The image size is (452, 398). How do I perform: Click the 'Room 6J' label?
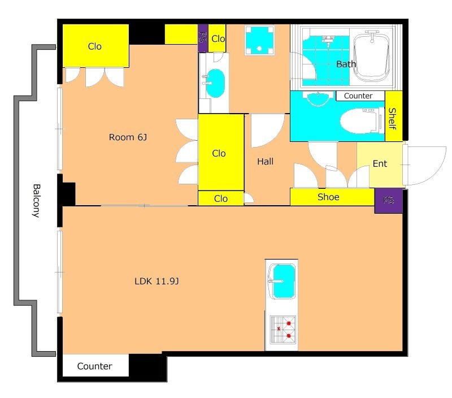128,137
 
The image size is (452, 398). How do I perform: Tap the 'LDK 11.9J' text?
157,281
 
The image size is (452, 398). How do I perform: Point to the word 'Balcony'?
36,201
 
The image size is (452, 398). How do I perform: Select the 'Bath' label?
346,64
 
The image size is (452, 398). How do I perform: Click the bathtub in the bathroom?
372,57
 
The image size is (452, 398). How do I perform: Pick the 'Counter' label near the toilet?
358,96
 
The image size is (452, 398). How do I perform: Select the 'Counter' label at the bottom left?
94,366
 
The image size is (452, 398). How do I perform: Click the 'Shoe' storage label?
328,197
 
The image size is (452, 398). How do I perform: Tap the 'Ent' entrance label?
380,164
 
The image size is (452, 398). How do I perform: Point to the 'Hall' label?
265,162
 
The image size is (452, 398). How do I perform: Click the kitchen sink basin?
284,282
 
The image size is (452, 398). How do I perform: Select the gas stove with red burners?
283,330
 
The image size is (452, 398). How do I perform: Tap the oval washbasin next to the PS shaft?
215,83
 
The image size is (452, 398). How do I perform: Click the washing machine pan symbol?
259,40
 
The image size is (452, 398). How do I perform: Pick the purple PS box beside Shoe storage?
389,201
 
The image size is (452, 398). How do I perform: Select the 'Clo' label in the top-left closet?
95,46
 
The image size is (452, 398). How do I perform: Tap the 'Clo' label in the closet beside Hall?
219,153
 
